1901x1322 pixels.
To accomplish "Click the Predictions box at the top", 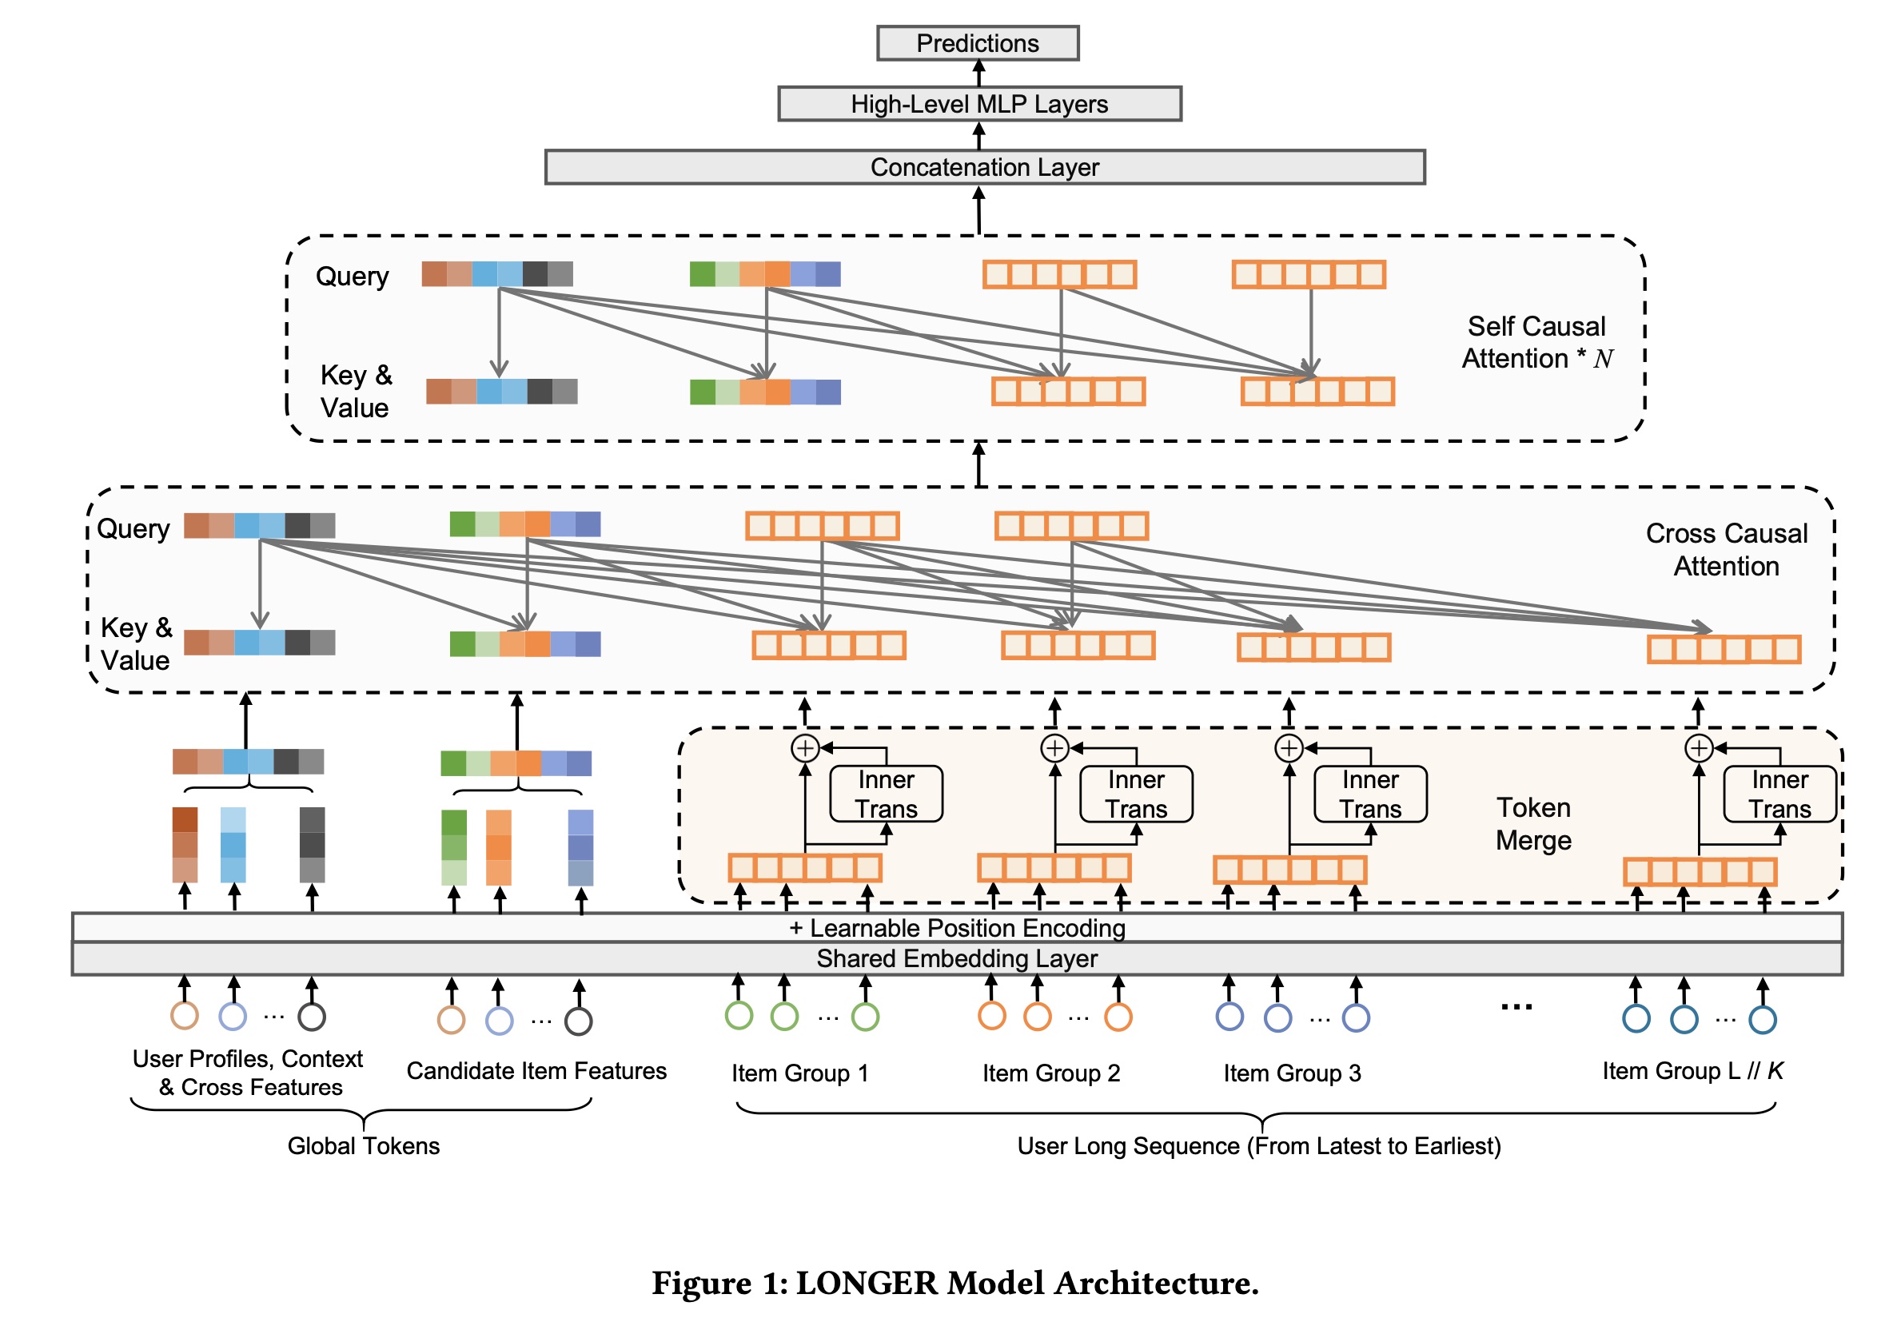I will tap(977, 43).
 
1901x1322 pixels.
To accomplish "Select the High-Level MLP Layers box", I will tap(978, 104).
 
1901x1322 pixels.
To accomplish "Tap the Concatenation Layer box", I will tap(983, 167).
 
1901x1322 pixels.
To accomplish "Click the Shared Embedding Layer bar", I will tap(956, 958).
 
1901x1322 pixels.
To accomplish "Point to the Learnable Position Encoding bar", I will tap(956, 927).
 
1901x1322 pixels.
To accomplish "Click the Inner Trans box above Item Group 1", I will tap(886, 794).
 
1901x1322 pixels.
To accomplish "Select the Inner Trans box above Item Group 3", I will tap(1370, 794).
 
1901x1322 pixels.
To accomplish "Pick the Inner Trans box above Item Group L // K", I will tap(1779, 794).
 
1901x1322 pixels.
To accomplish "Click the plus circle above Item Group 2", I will tap(1054, 748).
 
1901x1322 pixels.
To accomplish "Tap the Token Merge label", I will tap(1533, 824).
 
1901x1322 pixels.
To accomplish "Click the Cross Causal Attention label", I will tap(1726, 550).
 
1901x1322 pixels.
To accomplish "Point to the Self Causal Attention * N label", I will tap(1536, 342).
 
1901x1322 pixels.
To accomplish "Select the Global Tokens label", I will tap(364, 1145).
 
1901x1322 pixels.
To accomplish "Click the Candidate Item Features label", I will tap(536, 1070).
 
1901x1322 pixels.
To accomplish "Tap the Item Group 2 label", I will tap(1050, 1073).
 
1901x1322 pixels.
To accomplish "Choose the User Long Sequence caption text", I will tap(1258, 1145).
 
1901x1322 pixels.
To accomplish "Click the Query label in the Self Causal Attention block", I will tap(352, 276).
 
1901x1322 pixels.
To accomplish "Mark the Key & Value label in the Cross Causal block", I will tap(136, 643).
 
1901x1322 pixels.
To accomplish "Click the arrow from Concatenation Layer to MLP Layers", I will tap(978, 136).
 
